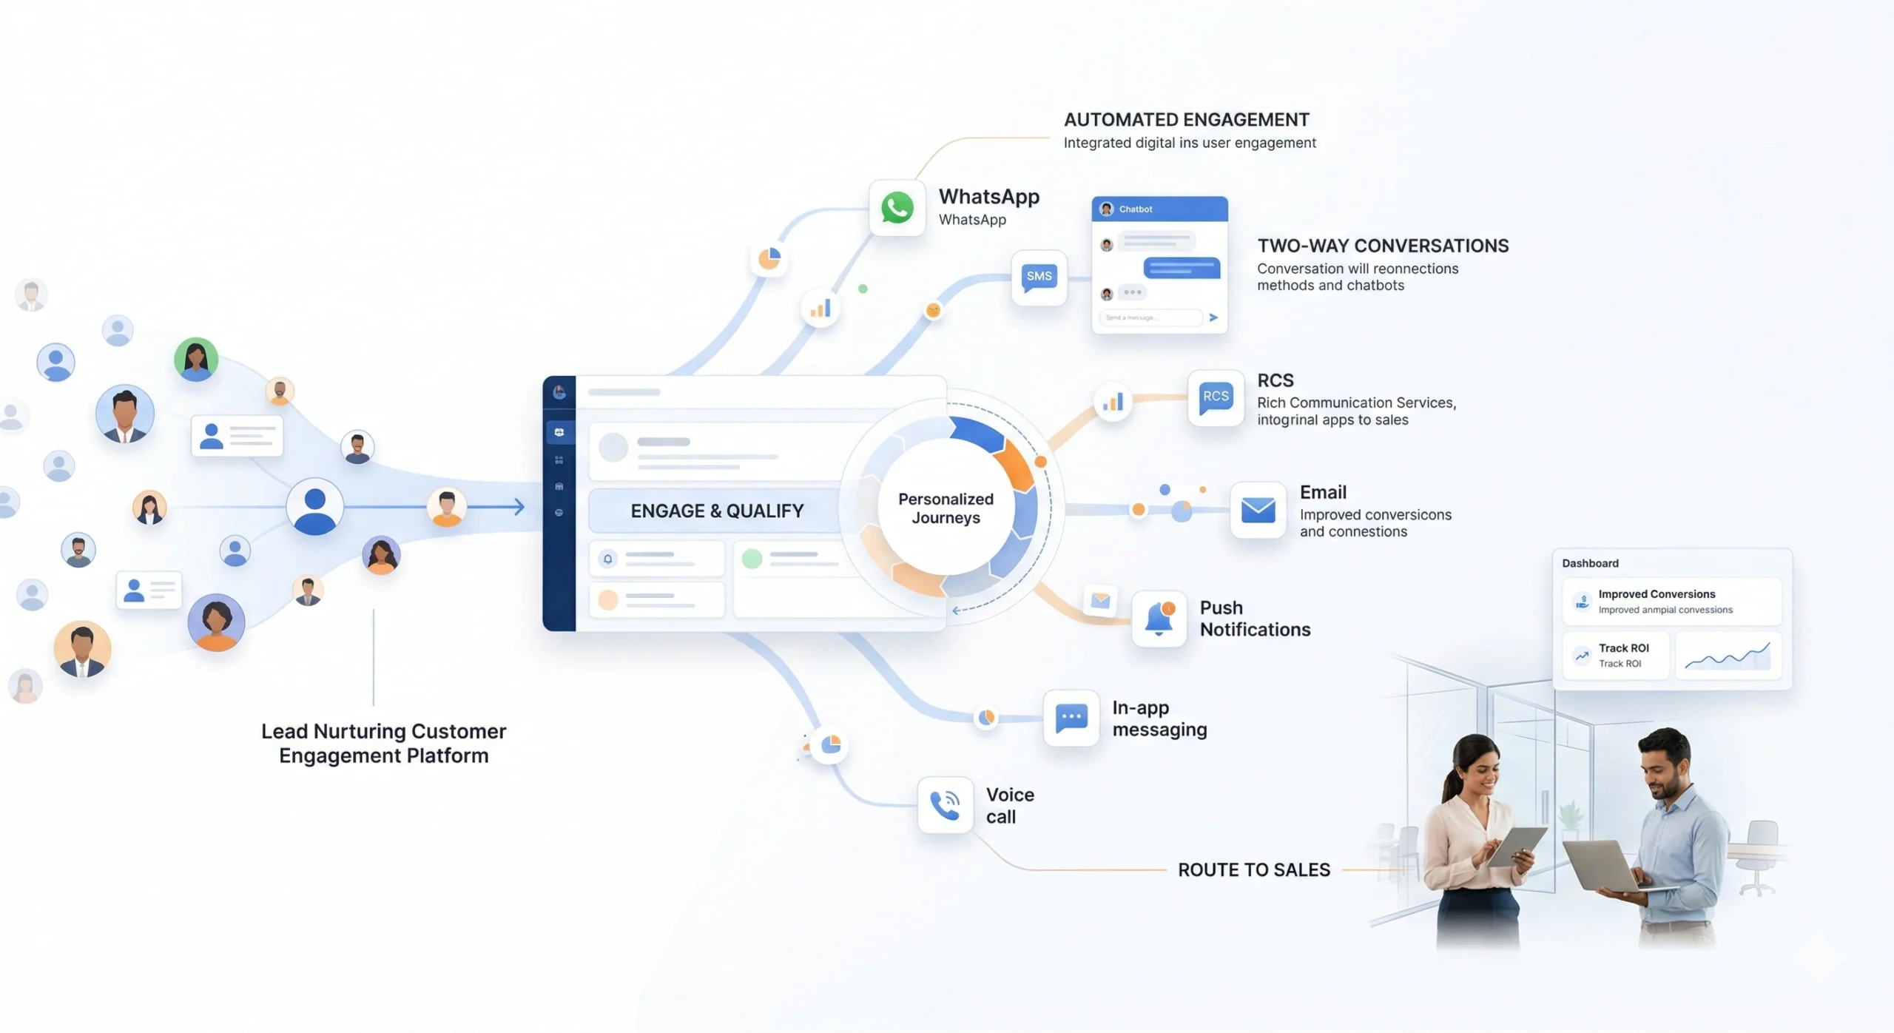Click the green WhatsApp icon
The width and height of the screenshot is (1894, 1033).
click(x=897, y=208)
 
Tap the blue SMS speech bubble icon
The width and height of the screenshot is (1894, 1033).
click(x=1039, y=277)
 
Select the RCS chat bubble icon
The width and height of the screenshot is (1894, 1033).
click(x=1216, y=398)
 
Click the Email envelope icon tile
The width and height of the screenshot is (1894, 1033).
click(x=1258, y=510)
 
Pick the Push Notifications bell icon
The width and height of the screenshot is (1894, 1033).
click(x=1159, y=619)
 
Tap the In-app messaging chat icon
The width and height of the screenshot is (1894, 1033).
click(x=1071, y=718)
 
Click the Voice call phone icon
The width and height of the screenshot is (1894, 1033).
click(x=945, y=805)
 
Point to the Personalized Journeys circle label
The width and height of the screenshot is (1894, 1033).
click(x=946, y=508)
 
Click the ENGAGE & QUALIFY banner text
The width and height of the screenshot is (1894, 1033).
click(x=717, y=511)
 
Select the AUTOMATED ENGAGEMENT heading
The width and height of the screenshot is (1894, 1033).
click(x=1187, y=120)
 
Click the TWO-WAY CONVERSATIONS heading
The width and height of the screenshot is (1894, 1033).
click(x=1383, y=246)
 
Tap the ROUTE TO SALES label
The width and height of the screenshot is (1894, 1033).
click(x=1254, y=869)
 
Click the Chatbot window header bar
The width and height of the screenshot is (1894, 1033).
click(x=1159, y=209)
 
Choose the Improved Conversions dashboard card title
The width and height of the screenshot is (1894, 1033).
click(x=1657, y=594)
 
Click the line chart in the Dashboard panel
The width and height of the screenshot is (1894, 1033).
click(x=1728, y=656)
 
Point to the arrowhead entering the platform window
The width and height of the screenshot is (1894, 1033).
click(x=519, y=507)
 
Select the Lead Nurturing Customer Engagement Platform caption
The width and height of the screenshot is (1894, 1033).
click(x=383, y=743)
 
